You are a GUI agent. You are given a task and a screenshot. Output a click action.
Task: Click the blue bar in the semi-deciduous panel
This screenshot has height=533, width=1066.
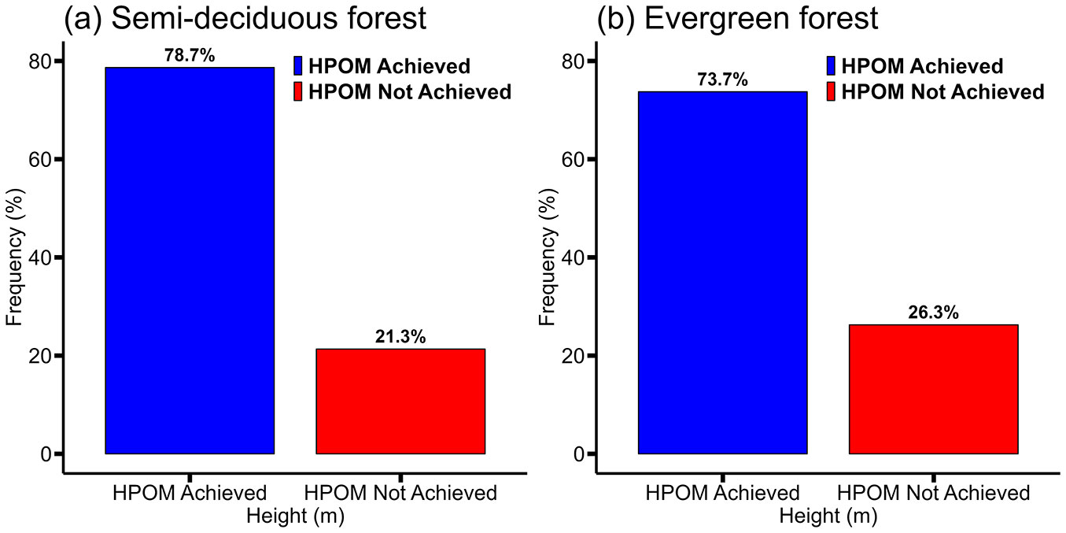coord(190,261)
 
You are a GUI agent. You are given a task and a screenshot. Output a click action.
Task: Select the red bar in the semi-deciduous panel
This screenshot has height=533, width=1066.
coord(400,401)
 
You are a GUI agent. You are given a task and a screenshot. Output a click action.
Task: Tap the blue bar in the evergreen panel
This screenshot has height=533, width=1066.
coord(722,272)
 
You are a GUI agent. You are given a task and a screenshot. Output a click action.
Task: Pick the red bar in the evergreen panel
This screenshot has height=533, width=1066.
coord(933,389)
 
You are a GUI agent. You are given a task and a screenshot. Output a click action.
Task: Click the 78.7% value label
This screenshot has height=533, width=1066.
coord(190,56)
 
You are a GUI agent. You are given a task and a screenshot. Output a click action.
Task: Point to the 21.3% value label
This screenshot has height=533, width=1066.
coord(400,337)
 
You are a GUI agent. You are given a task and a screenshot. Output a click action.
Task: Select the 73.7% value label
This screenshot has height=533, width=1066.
coord(722,80)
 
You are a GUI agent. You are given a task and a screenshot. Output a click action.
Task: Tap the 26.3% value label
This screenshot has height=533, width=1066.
coord(933,313)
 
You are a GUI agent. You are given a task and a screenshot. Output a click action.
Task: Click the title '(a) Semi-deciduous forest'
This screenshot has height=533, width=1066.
coord(245,17)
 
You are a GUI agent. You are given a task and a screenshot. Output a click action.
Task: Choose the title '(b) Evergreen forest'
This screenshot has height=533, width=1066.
coord(737,17)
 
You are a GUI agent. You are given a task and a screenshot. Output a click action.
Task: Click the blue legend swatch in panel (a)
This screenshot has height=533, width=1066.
coord(298,66)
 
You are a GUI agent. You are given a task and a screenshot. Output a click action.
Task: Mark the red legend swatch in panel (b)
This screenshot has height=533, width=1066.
coord(832,92)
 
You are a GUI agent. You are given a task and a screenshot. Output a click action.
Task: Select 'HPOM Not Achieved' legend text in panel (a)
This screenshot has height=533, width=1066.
coord(410,92)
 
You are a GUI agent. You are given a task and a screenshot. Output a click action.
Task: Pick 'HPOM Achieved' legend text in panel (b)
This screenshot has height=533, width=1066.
coord(923,66)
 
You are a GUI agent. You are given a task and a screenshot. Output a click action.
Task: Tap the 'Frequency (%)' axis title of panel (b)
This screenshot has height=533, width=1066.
coord(548,257)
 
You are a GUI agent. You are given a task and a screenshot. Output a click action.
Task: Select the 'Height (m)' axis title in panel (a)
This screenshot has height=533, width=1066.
coord(295,516)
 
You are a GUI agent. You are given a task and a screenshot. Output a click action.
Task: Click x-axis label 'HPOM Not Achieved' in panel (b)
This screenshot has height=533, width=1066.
coord(933,494)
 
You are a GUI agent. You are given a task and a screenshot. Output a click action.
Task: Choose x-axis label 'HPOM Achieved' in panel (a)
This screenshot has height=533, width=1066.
coord(190,494)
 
